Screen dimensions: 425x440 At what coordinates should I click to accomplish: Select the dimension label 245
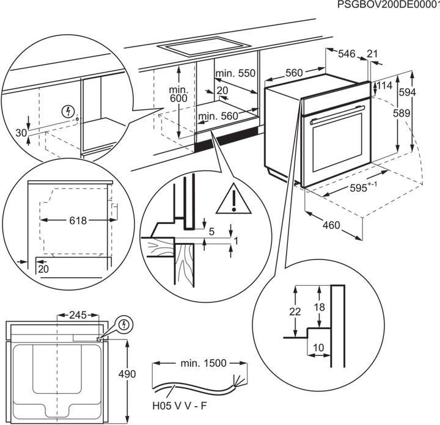(x=78, y=316)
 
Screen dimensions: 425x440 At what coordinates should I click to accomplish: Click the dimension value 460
(x=330, y=225)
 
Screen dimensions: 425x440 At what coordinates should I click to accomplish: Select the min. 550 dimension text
(x=235, y=73)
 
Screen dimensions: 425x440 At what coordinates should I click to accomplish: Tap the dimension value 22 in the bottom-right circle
(x=295, y=311)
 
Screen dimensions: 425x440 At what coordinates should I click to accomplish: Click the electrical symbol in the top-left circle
(x=69, y=112)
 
